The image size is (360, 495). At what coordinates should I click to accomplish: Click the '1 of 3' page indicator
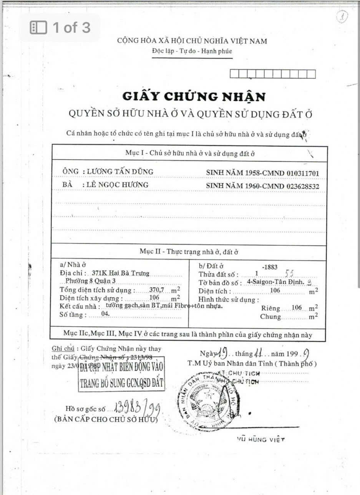tap(60, 28)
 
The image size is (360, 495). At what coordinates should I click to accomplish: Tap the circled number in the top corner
tap(342, 17)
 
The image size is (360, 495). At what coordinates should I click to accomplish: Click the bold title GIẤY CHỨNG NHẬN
tap(194, 96)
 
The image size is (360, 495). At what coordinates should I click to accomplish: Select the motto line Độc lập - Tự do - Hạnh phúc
tap(192, 51)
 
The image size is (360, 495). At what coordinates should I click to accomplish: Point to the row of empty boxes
tap(272, 74)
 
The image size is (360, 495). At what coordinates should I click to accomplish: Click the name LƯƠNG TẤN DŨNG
tap(120, 172)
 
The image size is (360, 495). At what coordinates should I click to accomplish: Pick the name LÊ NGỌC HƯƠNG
tap(117, 185)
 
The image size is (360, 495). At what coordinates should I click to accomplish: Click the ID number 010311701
tap(303, 173)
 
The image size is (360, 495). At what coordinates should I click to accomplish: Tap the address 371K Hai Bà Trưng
tap(121, 273)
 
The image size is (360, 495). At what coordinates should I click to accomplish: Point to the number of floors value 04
tap(105, 313)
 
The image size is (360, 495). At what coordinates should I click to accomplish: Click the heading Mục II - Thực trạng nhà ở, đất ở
tap(189, 252)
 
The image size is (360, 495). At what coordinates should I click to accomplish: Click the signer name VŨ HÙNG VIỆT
tap(260, 439)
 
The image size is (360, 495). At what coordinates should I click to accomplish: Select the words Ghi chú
tap(63, 349)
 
